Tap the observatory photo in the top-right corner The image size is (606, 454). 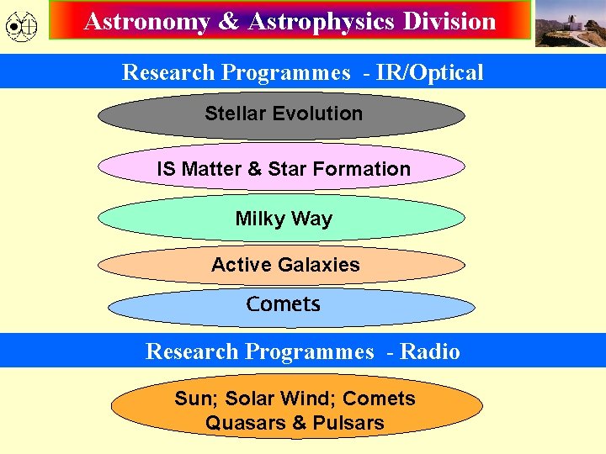[x=570, y=23]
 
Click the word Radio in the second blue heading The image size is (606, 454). [x=430, y=351]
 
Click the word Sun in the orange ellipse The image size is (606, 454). [x=191, y=399]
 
